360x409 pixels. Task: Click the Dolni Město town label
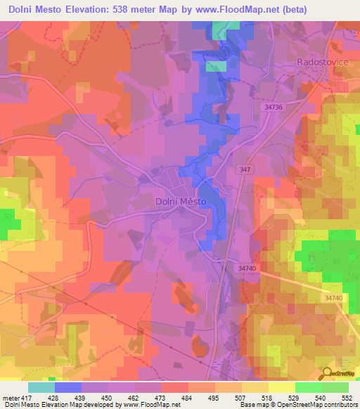[180, 202]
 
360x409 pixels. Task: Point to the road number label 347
[243, 171]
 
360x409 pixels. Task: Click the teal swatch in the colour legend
[41, 387]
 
